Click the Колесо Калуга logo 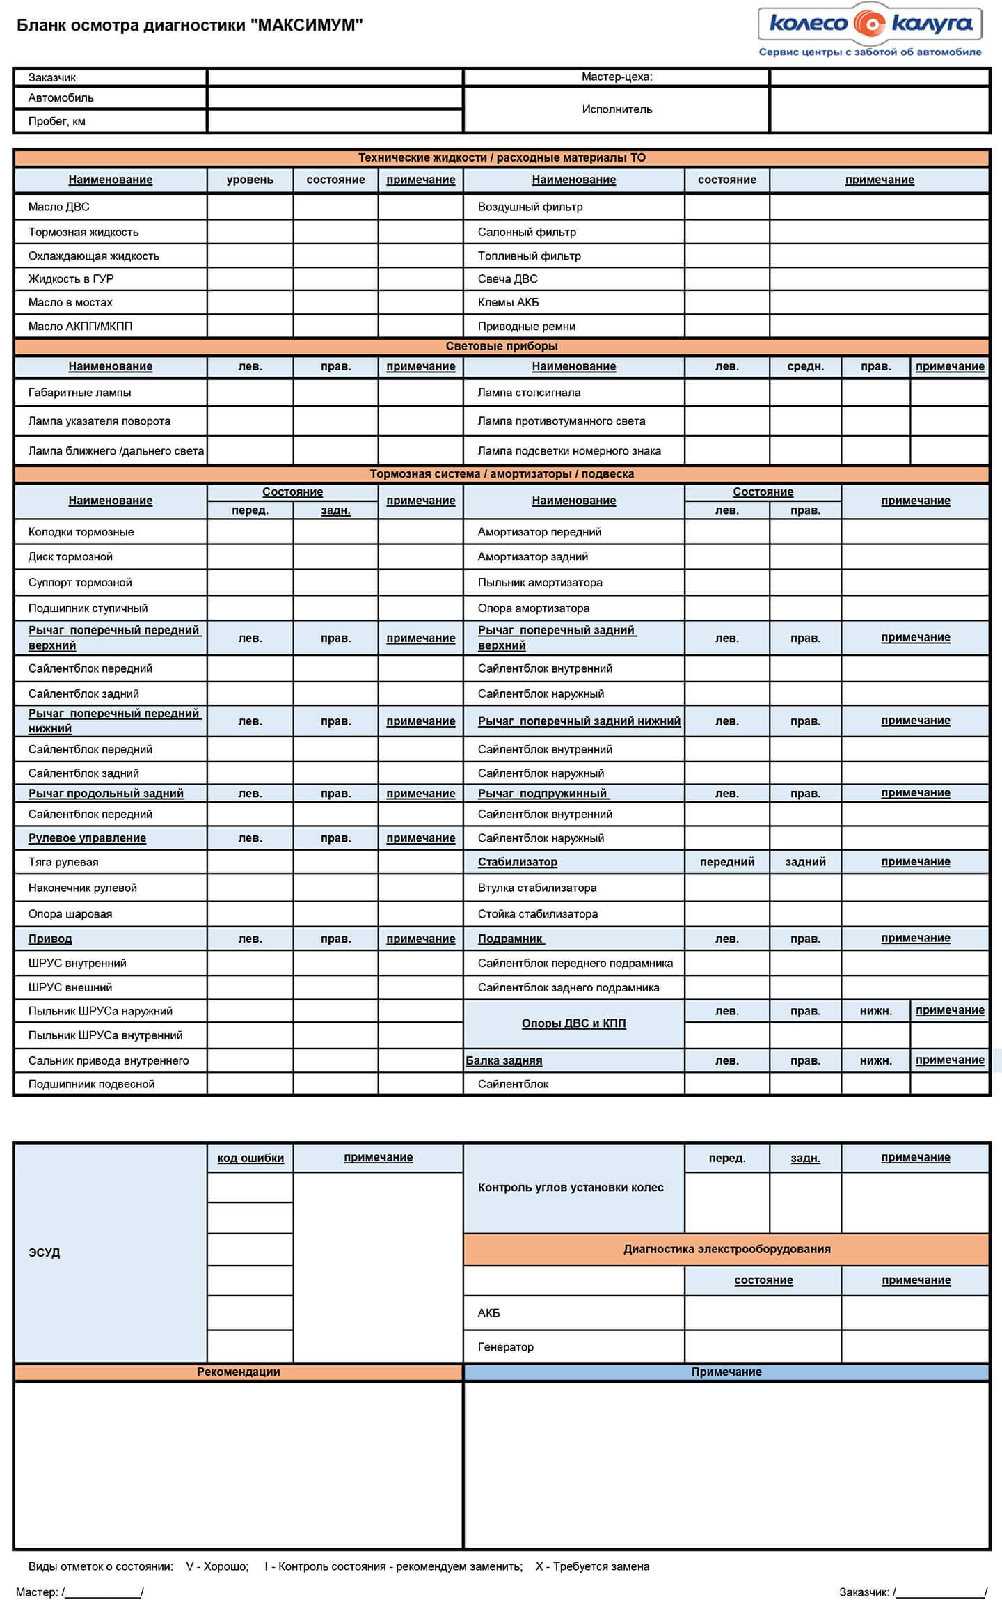coord(869,25)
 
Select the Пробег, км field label coord(56,121)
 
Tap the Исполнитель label coord(617,109)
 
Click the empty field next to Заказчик coord(335,77)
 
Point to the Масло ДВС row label coord(58,207)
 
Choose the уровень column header coord(250,180)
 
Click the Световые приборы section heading coord(501,346)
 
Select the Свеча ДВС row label coord(507,278)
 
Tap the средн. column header coord(805,366)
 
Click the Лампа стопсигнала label coord(529,393)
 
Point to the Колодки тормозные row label coord(81,532)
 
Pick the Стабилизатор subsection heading coord(517,862)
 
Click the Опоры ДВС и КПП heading coord(573,1023)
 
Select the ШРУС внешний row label coord(70,987)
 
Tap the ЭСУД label coord(44,1252)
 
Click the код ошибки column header coord(250,1158)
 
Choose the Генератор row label coord(505,1346)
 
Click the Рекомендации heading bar coord(238,1372)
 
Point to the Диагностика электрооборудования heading coord(726,1249)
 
